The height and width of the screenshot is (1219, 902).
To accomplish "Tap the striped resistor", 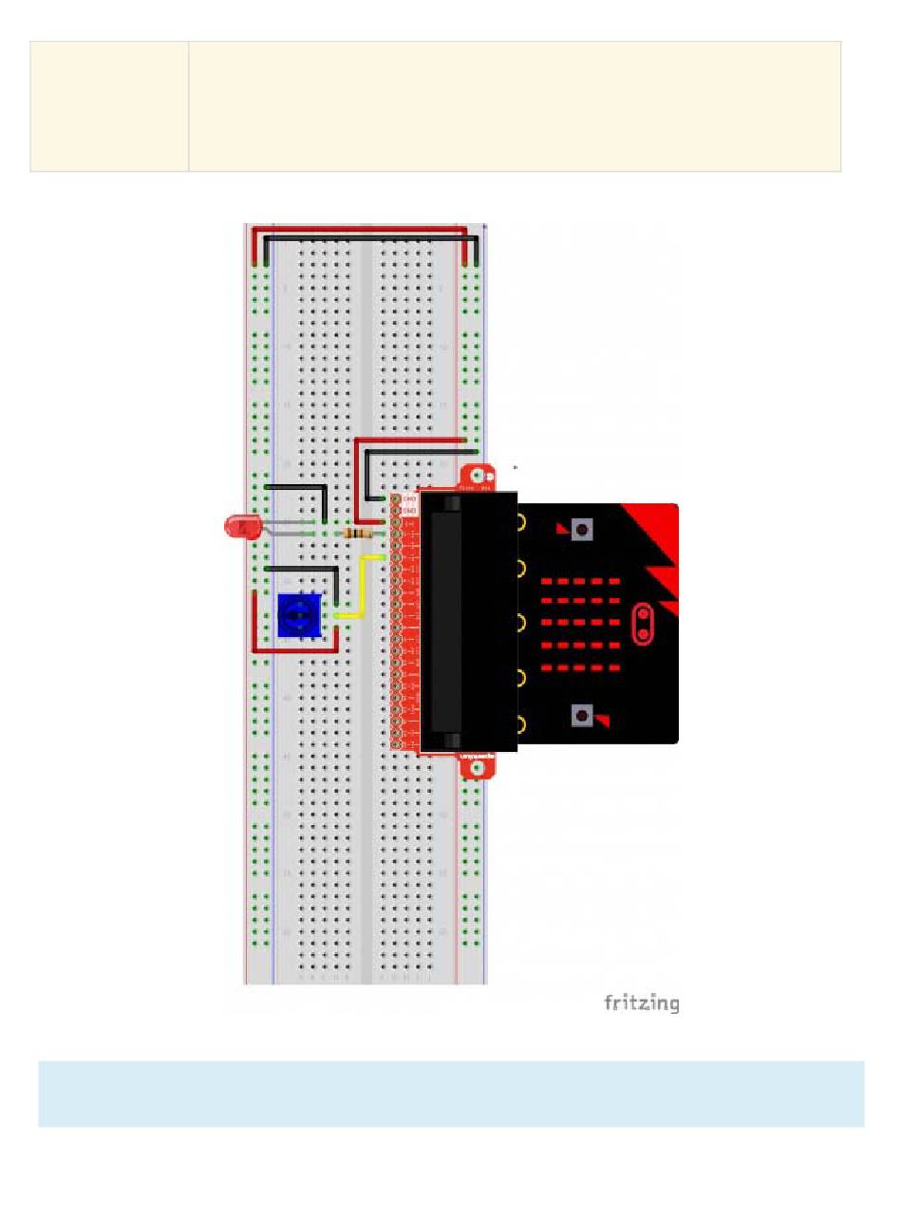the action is tap(359, 534).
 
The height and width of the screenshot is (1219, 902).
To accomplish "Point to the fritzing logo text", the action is tap(641, 1003).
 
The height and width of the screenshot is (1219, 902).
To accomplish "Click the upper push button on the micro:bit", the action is tap(582, 528).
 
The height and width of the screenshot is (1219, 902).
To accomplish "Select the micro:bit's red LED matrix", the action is tap(580, 624).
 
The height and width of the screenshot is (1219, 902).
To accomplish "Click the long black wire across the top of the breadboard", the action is tap(370, 237).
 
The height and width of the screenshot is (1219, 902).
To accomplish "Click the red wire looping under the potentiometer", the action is tap(294, 650).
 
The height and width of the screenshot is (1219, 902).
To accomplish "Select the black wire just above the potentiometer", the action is tap(304, 569).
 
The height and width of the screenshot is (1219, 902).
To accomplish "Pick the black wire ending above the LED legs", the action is tap(299, 487).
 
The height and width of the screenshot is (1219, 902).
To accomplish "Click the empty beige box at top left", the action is tap(108, 105).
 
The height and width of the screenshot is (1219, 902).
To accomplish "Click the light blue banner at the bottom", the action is tap(450, 1094).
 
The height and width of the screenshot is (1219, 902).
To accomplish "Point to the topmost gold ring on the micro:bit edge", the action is tap(522, 521).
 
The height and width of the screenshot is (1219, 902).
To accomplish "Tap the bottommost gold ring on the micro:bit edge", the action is tap(522, 724).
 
